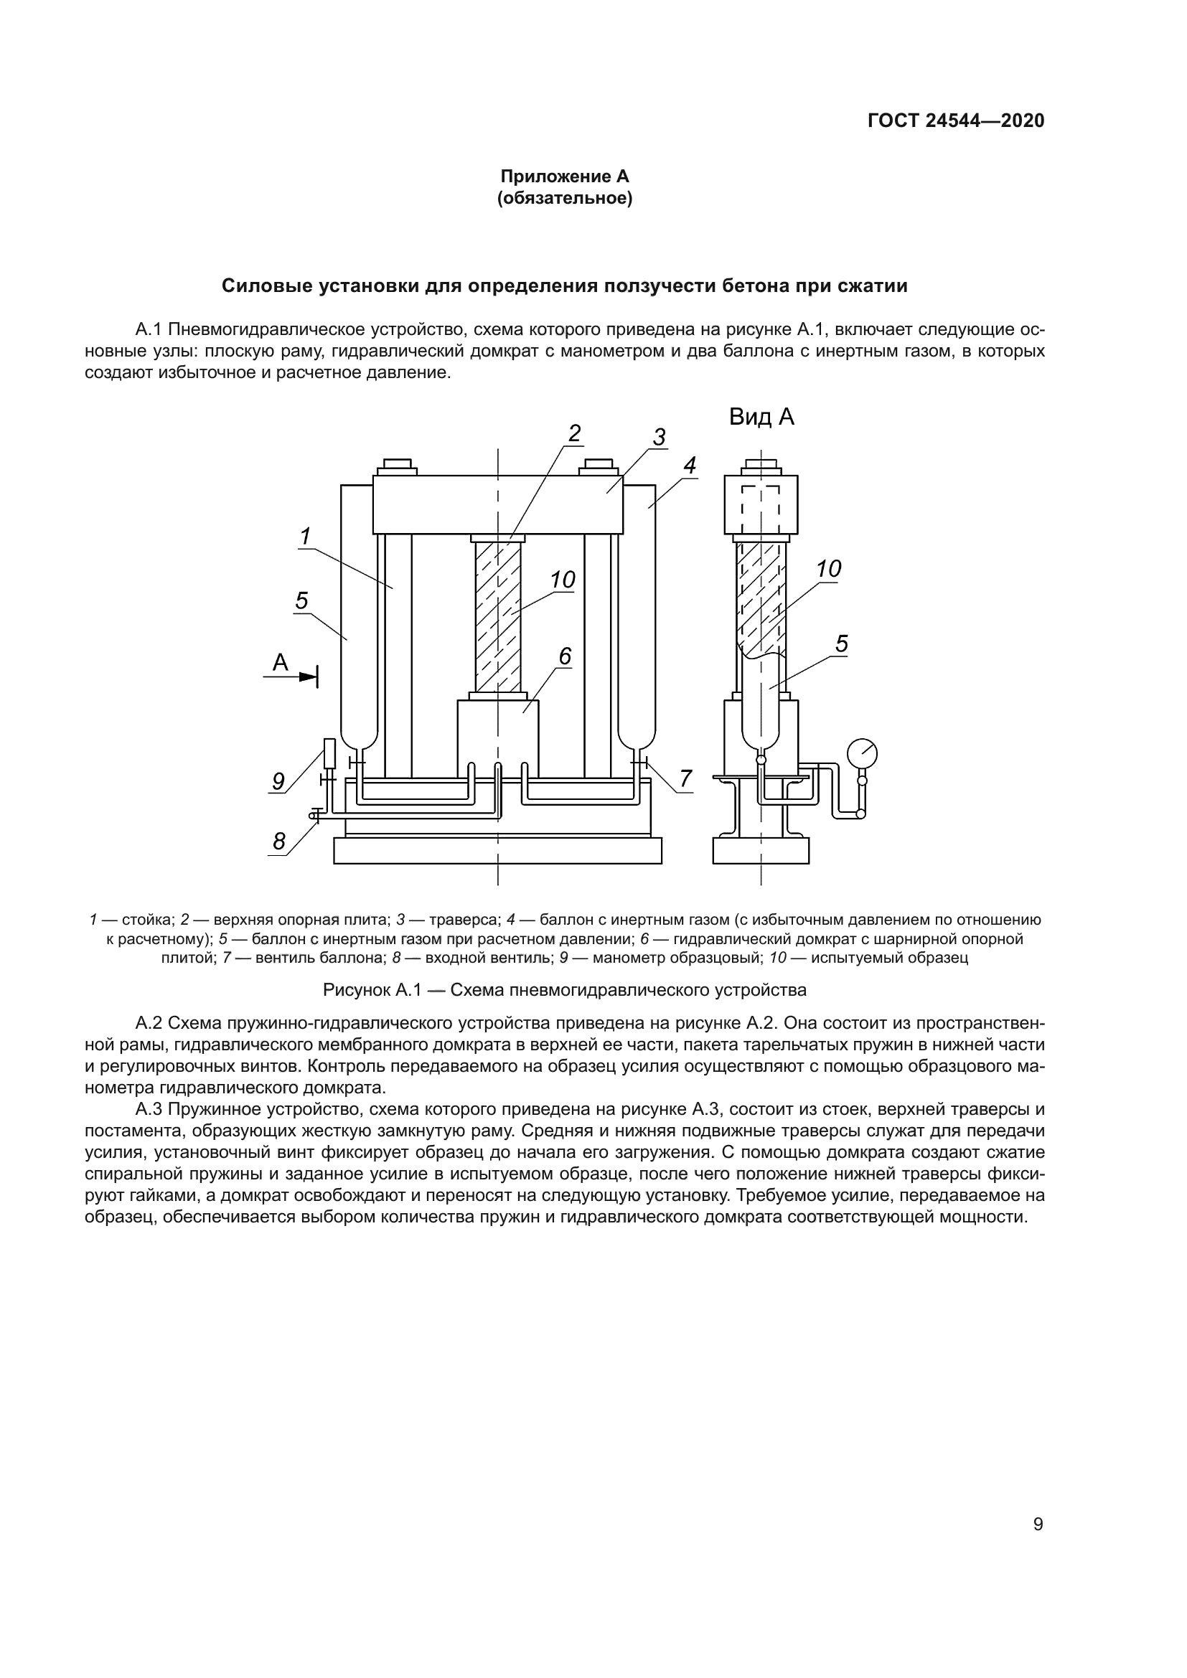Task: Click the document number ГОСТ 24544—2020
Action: [x=955, y=121]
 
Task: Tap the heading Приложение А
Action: [x=564, y=176]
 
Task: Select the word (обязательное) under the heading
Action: [x=564, y=198]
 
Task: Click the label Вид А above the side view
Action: [x=761, y=418]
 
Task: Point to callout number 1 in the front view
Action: [x=305, y=537]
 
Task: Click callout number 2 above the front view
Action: [x=575, y=433]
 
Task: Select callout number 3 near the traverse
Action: [x=659, y=438]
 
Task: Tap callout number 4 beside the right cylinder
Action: [x=689, y=466]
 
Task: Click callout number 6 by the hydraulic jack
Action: [x=565, y=657]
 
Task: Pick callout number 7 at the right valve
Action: [x=685, y=779]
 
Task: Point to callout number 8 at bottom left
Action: [x=278, y=842]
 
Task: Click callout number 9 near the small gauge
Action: [x=278, y=781]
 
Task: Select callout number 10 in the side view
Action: [x=828, y=569]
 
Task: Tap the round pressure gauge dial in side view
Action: [x=862, y=753]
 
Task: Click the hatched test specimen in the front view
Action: [x=498, y=618]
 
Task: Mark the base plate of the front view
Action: [x=498, y=850]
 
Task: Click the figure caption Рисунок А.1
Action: [x=564, y=990]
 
